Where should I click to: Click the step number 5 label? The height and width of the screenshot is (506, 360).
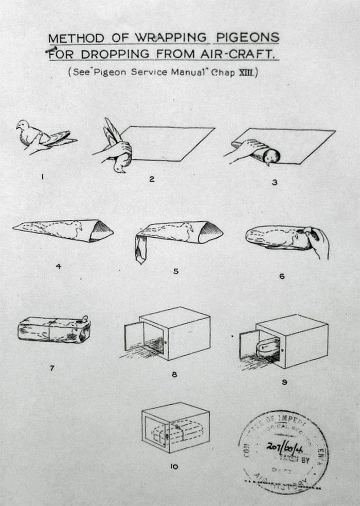point(175,271)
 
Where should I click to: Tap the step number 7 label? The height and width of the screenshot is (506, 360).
point(51,369)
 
